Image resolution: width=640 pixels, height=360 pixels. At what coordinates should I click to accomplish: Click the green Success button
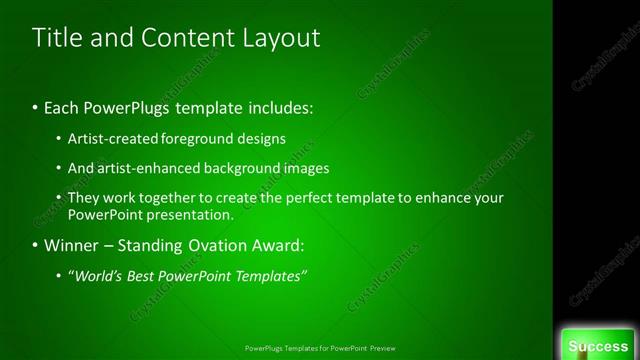[x=598, y=346]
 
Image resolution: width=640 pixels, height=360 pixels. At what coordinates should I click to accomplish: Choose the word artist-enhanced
[x=145, y=168]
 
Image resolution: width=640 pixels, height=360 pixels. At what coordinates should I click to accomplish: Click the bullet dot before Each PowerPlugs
[x=35, y=107]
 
